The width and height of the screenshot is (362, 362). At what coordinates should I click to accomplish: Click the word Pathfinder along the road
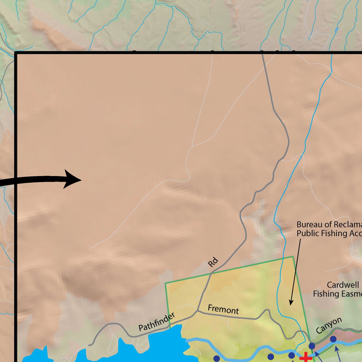[156, 322]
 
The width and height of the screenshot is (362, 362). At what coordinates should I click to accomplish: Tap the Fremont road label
[223, 309]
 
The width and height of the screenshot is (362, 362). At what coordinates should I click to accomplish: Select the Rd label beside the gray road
[213, 263]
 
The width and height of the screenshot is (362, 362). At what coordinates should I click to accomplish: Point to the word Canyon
[329, 325]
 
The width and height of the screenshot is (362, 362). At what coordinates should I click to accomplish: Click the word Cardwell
[343, 285]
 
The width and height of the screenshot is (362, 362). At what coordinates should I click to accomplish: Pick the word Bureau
[309, 224]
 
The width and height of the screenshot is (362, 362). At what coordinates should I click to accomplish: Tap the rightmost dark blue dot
[333, 339]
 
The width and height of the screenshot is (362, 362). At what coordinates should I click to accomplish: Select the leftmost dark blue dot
[216, 358]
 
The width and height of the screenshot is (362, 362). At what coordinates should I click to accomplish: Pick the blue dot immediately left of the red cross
[291, 355]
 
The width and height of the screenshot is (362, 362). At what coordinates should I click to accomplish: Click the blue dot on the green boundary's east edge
[312, 346]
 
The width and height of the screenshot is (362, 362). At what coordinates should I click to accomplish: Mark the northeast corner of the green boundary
[293, 257]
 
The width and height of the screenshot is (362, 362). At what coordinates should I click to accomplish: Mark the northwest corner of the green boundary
[165, 283]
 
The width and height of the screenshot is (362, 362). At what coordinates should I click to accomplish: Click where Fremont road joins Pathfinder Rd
[197, 311]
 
